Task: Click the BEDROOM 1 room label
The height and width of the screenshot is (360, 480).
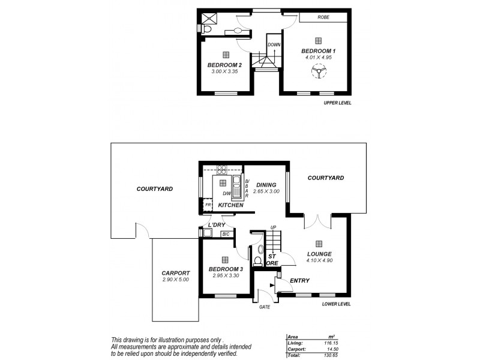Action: [318, 52]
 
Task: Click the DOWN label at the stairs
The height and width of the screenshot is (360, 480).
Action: [274, 45]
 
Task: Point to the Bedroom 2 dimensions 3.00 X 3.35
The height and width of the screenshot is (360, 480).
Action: [224, 71]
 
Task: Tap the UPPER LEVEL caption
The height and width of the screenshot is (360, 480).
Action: [337, 103]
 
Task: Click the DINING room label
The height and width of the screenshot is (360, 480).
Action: [266, 185]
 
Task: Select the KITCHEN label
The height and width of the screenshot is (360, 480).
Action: [230, 205]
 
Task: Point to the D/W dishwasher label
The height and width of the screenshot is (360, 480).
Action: [227, 193]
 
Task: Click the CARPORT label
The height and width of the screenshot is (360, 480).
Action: [176, 272]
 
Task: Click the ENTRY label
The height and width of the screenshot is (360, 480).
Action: [299, 281]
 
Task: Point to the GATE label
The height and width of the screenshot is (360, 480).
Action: [265, 307]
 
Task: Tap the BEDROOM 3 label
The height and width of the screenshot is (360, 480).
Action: [225, 269]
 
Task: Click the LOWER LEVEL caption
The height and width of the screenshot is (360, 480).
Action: [336, 304]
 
